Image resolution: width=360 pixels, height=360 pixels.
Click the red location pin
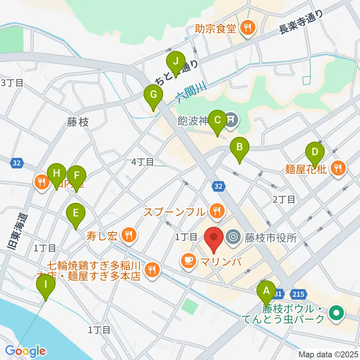[x=214, y=238]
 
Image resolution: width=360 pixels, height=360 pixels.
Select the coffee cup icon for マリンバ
[x=188, y=260]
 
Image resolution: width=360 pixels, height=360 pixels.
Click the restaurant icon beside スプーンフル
[x=216, y=211]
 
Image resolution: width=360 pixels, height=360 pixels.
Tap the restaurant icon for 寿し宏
[x=129, y=235]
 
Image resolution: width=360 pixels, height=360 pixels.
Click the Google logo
[x=25, y=351]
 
